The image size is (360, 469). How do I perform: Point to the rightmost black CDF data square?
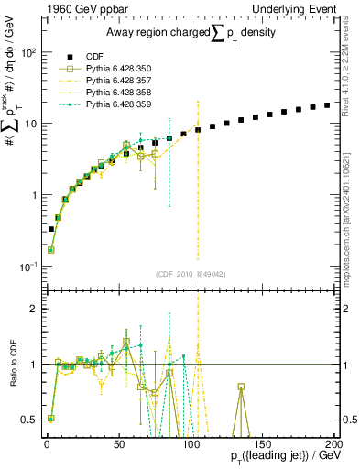tap(327, 105)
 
